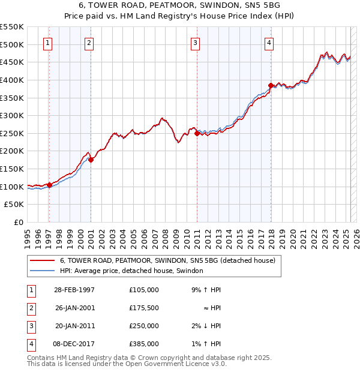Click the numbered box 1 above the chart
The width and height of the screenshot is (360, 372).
point(47,43)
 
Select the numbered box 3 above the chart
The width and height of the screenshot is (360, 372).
point(196,43)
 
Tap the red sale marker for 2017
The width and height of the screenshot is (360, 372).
point(271,85)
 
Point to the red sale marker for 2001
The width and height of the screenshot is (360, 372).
point(91,160)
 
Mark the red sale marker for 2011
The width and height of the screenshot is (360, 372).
point(197,134)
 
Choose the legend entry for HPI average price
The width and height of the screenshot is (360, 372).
point(131,271)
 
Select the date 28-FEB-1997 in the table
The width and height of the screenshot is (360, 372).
point(74,290)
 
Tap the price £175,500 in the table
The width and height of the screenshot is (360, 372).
point(144,308)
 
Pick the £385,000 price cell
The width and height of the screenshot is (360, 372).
point(144,344)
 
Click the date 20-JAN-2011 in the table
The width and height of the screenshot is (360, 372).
point(74,326)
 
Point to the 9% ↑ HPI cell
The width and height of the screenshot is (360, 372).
point(205,290)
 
